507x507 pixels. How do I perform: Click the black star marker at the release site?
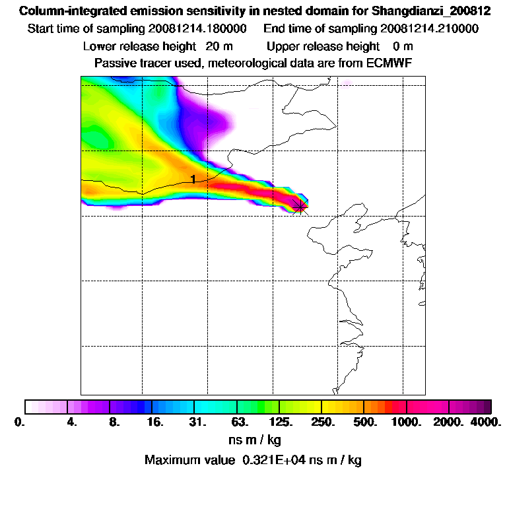[300, 207]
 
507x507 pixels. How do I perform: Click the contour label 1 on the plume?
[193, 180]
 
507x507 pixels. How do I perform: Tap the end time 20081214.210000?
[428, 29]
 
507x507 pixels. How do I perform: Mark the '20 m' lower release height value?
[215, 46]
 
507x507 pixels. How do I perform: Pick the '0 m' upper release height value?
[403, 46]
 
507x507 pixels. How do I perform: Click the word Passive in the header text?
[115, 63]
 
